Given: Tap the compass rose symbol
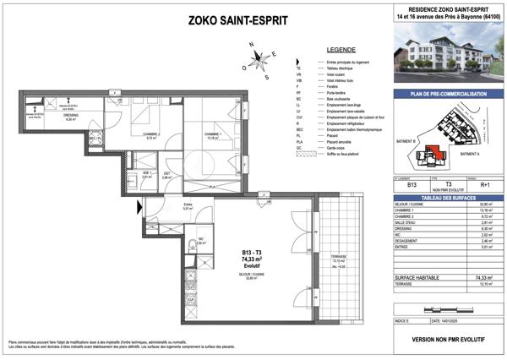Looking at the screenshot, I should (260, 60).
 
